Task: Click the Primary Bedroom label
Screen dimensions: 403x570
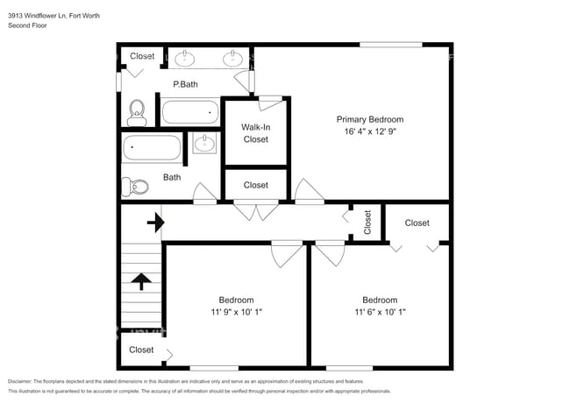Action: pos(370,119)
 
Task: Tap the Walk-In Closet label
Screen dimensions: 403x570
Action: pos(255,133)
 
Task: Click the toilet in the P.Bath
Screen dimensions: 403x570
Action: pos(137,110)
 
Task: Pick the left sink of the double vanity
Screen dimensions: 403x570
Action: pos(185,59)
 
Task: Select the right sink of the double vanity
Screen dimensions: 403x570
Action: pos(232,59)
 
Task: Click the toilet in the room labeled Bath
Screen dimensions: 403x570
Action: pos(134,186)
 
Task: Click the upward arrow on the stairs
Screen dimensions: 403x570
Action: pos(140,281)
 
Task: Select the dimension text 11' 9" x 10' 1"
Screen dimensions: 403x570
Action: pos(236,311)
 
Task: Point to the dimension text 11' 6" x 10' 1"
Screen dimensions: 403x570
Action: pos(380,311)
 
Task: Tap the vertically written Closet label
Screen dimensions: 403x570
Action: pos(367,222)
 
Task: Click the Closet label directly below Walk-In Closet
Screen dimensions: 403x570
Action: pos(255,185)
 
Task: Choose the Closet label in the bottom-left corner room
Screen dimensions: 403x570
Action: pos(141,350)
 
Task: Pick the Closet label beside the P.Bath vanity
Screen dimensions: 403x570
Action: pos(142,56)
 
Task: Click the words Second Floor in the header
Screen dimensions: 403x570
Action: pos(26,26)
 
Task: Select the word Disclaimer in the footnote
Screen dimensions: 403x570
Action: pos(24,382)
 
